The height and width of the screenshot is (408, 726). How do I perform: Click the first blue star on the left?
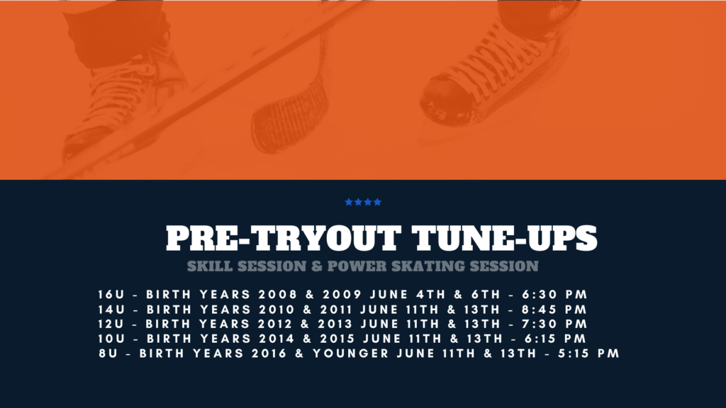click(349, 202)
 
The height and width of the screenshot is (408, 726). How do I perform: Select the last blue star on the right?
click(377, 202)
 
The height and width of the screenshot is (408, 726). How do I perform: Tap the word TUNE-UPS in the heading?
click(505, 238)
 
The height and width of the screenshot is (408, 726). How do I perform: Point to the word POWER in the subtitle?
click(357, 266)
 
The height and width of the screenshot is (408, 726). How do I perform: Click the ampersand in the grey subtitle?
click(317, 266)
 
